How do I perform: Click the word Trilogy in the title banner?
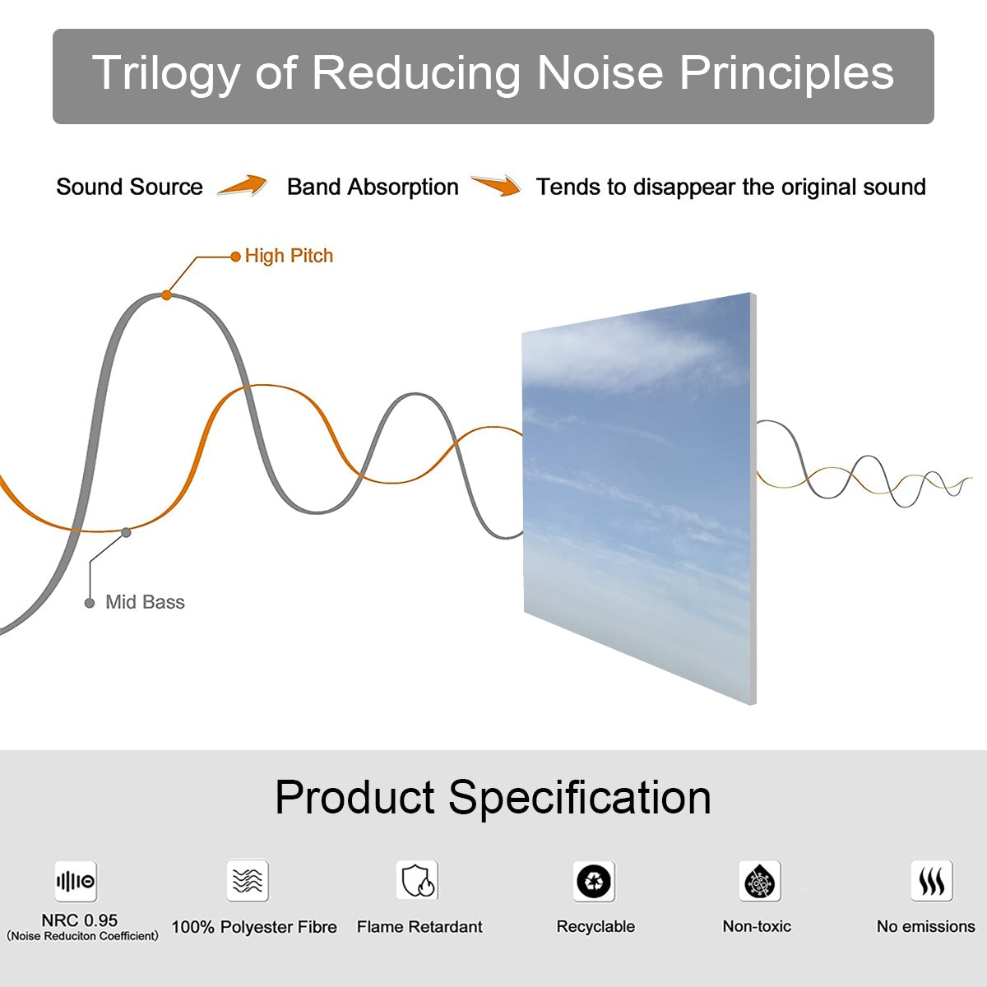(x=165, y=74)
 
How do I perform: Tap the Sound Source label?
(x=129, y=187)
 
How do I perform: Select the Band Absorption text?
(x=373, y=187)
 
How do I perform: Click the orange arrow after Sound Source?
(x=243, y=186)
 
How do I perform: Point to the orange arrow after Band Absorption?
(x=496, y=186)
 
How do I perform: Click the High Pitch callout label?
(x=289, y=256)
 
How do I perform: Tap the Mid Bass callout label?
(x=145, y=602)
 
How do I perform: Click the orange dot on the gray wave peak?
(x=166, y=294)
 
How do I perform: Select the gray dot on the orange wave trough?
(x=126, y=532)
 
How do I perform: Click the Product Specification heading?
(x=493, y=797)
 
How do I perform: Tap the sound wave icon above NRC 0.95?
(x=76, y=882)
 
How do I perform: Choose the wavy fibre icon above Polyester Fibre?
(x=248, y=881)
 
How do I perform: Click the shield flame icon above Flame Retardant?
(x=417, y=881)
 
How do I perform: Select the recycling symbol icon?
(x=594, y=882)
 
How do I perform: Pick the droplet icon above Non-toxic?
(x=759, y=882)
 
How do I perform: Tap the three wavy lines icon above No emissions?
(x=931, y=882)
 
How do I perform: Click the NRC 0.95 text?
(x=80, y=920)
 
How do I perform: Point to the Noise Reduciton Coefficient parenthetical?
(x=82, y=936)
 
